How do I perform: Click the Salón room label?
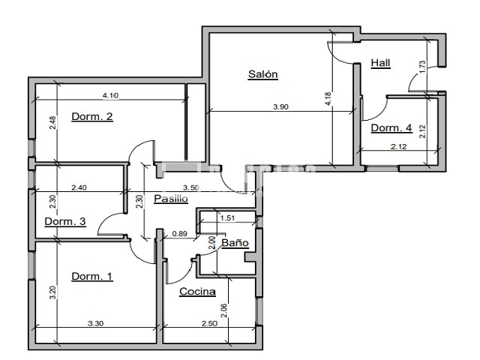pos(263,74)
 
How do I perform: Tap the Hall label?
pos(380,63)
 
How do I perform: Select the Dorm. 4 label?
pos(391,128)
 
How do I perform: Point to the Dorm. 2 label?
pos(92,117)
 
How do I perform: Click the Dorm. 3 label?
pos(65,222)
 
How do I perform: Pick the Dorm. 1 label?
pos(92,277)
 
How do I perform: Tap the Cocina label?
pos(197,292)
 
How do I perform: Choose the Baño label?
pos(235,243)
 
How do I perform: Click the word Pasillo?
pos(171,199)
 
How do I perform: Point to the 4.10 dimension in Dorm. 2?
pos(110,95)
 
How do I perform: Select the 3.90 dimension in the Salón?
pos(280,106)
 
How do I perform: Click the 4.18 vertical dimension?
pos(328,99)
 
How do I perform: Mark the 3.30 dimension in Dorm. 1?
pos(96,323)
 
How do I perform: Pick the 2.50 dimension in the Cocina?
pos(210,323)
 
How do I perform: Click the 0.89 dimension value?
pos(180,234)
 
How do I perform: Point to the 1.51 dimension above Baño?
pos(227,218)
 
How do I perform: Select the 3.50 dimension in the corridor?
pos(191,187)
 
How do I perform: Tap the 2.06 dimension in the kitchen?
pos(224,310)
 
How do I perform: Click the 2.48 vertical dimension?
pos(53,122)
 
